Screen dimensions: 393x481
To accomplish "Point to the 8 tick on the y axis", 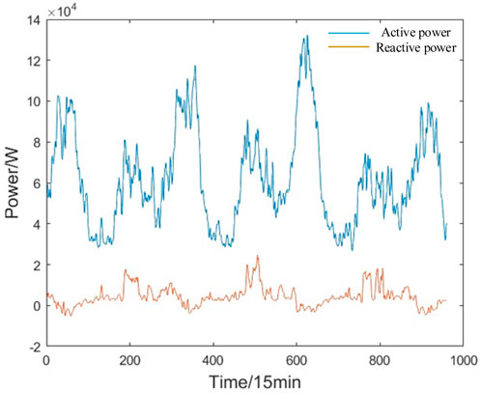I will pyautogui.click(x=36, y=143).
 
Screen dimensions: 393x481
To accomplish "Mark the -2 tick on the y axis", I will pyautogui.click(x=34, y=347).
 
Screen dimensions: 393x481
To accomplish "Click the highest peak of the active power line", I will pyautogui.click(x=306, y=37).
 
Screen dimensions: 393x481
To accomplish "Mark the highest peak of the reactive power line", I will pyautogui.click(x=257, y=256).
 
